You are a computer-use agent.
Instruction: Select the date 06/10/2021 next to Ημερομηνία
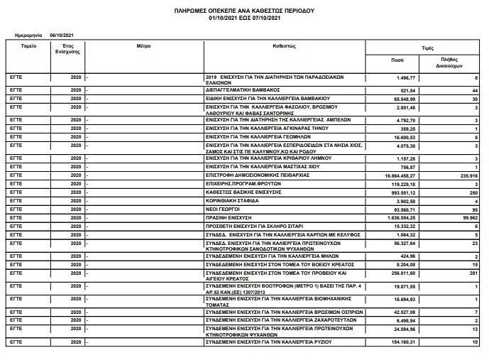62,35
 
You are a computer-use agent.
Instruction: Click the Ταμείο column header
29,44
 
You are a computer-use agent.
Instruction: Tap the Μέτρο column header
144,44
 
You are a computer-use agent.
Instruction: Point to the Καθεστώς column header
283,44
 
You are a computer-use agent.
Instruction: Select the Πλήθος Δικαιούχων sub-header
446,62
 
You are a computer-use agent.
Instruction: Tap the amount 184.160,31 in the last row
399,342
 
